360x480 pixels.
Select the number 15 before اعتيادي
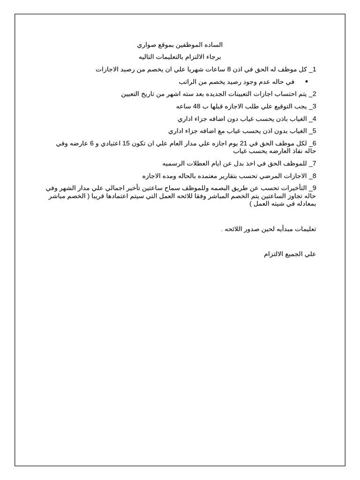pyautogui.click(x=126, y=143)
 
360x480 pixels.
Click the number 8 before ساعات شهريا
pyautogui.click(x=229, y=69)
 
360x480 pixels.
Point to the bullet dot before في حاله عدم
pyautogui.click(x=306, y=82)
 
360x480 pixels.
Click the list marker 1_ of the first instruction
pyautogui.click(x=313, y=69)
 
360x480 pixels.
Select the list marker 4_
pyautogui.click(x=313, y=119)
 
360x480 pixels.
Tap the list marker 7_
pyautogui.click(x=313, y=164)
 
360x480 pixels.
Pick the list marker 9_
pyautogui.click(x=313, y=188)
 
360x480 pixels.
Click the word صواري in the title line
pyautogui.click(x=147, y=45)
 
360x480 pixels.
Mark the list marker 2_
pyautogui.click(x=313, y=94)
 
